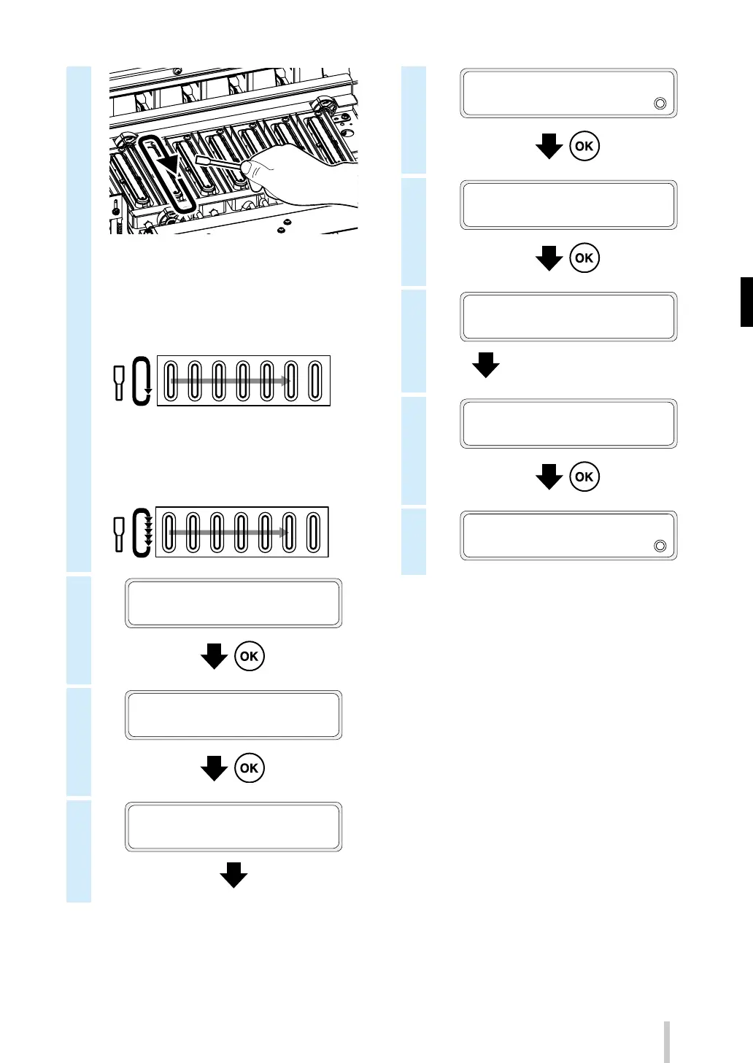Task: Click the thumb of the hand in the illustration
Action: [252, 169]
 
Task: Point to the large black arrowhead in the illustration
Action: [170, 164]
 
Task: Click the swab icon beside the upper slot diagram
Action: [119, 382]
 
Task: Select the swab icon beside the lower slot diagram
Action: [119, 534]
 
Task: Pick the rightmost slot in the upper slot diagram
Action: [315, 381]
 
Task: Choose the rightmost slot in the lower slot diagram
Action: [313, 533]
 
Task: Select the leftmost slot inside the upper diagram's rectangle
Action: [171, 381]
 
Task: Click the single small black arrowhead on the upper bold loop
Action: [148, 393]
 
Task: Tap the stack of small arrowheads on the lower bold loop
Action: [148, 530]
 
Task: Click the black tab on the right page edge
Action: [746, 301]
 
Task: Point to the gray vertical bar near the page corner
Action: [666, 1041]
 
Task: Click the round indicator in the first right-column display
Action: [660, 104]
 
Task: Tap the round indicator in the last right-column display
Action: [660, 546]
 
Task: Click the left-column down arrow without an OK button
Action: [233, 875]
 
